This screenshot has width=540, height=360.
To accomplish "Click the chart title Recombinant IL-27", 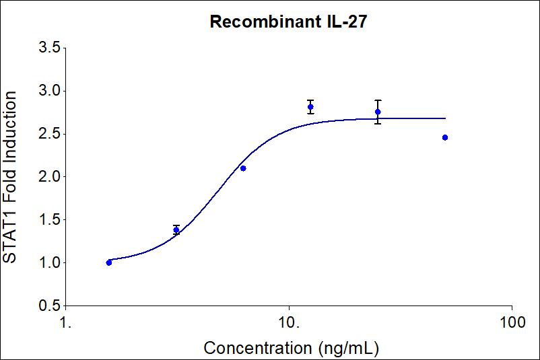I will tap(288, 22).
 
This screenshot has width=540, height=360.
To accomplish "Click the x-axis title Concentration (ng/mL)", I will tap(291, 348).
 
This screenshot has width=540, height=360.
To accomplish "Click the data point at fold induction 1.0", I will tap(109, 262).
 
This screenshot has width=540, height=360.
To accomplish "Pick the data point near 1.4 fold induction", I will tap(176, 230).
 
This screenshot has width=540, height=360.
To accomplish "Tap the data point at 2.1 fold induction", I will tap(243, 168).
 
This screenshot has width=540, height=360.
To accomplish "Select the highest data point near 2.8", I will tap(310, 107).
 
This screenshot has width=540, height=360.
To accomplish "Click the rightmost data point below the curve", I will tap(445, 137).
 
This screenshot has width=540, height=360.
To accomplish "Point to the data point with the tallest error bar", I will tap(378, 112).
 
